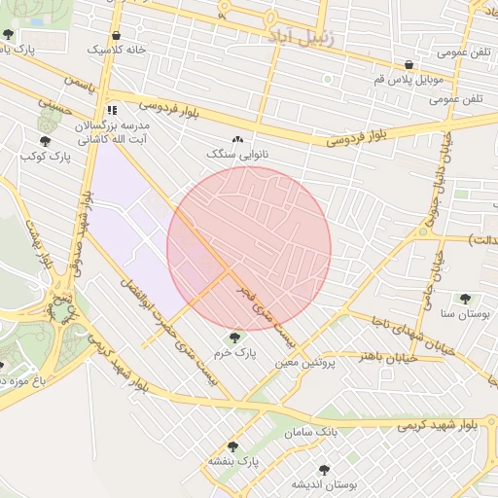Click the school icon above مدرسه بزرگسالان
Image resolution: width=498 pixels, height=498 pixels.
pos(113,110)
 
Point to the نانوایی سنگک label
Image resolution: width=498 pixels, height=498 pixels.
pos(236,154)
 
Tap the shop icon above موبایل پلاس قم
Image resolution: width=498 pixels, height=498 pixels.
pos(409,65)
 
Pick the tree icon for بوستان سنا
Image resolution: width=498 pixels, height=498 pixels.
pos(465,299)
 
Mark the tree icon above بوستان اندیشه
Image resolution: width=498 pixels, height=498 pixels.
pos(324,470)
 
